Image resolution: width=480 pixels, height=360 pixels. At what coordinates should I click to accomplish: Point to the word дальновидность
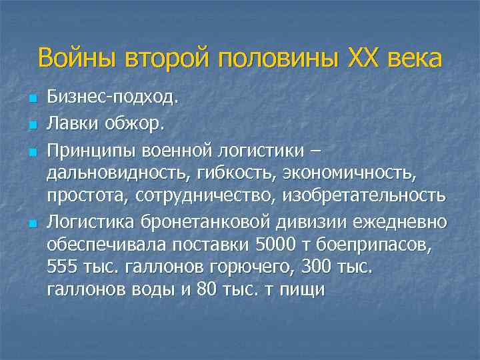117,173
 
